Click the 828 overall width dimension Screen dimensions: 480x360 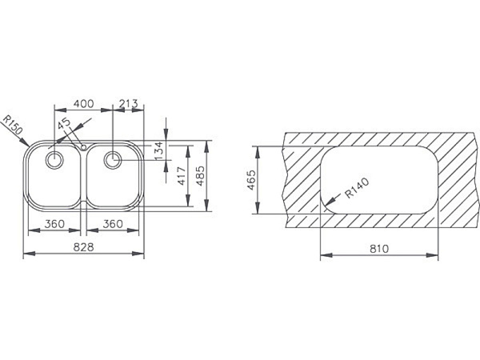pos(83,246)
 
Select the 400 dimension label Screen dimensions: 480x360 pos(83,104)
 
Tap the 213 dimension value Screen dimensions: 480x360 pos(128,104)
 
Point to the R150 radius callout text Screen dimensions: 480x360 pos(13,125)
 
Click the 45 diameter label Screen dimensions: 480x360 pos(65,124)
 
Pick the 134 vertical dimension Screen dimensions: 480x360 pos(159,150)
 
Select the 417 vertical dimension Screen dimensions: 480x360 pos(182,176)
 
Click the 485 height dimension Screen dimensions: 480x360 pos(200,176)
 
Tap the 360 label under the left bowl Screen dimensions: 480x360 pos(54,224)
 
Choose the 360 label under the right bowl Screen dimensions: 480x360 pos(113,224)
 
